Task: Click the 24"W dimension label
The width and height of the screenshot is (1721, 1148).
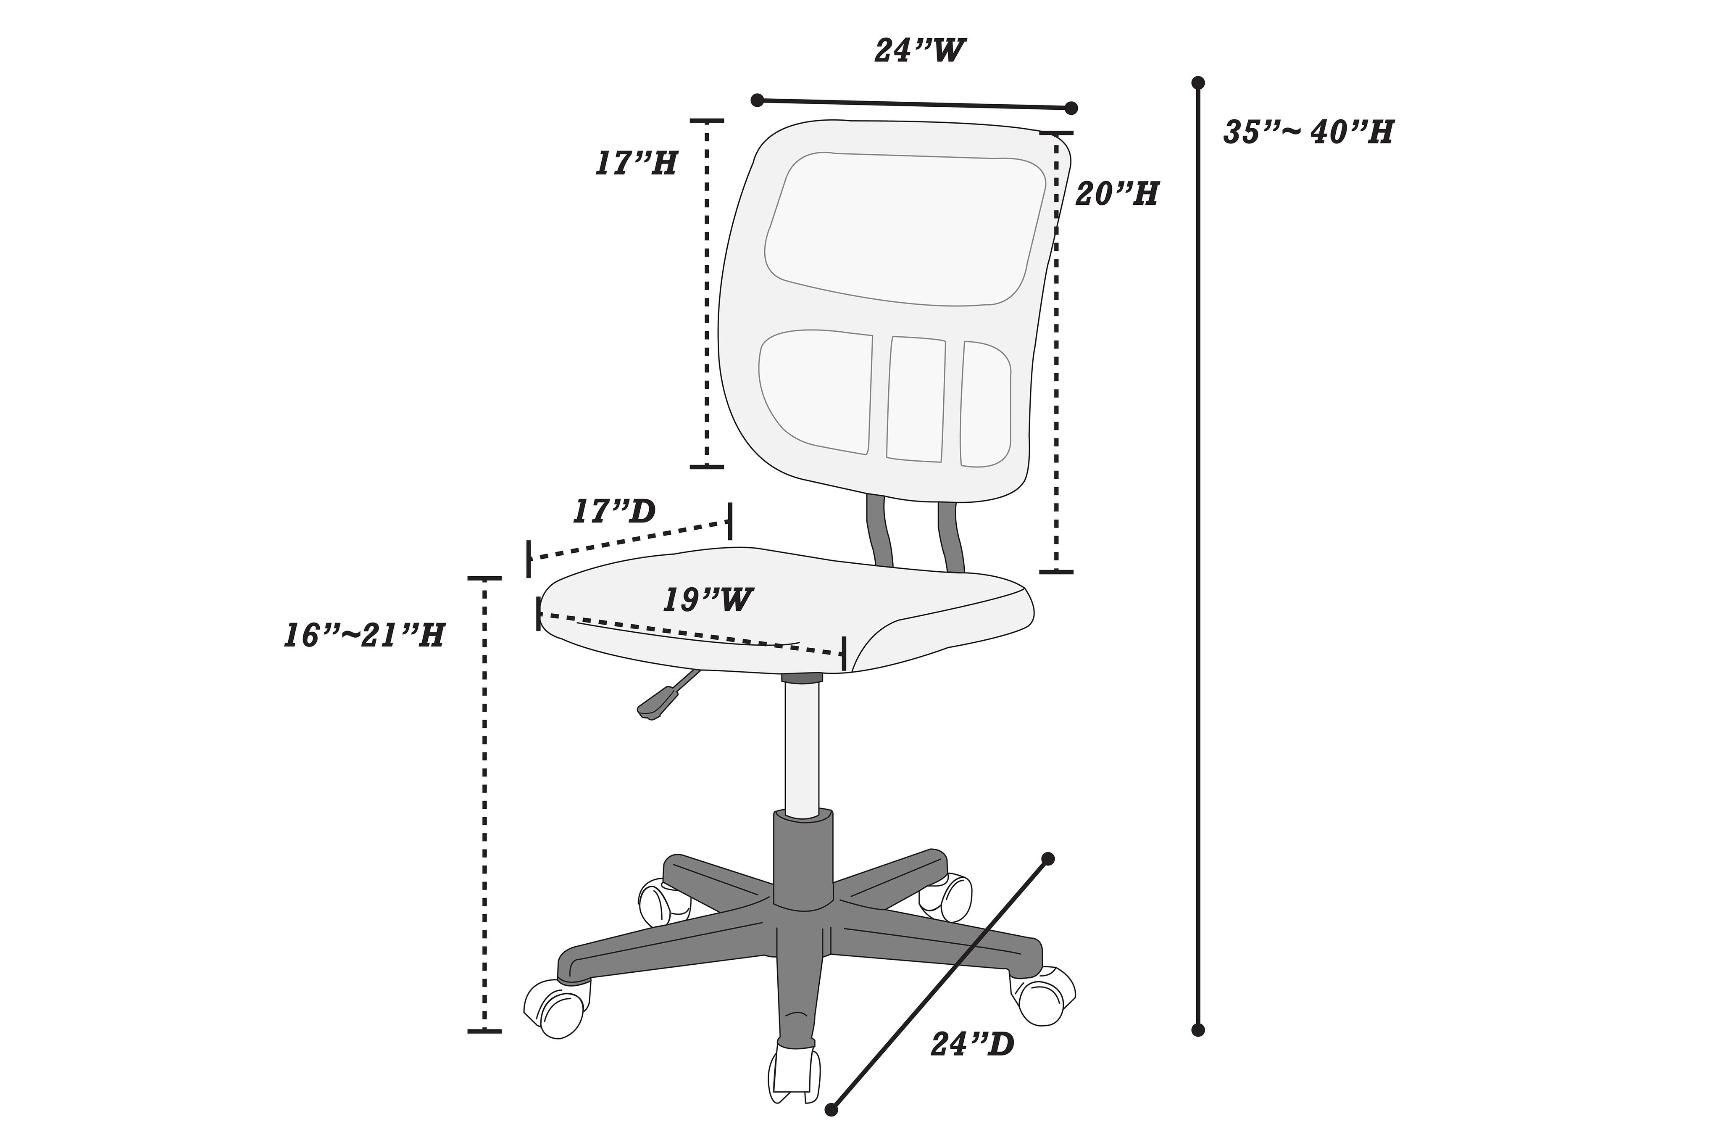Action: point(920,50)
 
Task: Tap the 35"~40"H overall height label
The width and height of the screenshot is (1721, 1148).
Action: point(1308,132)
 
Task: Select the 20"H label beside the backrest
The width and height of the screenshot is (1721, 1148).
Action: point(1117,194)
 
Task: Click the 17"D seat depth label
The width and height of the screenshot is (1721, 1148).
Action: point(614,512)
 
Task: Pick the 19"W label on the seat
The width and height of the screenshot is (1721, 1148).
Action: point(708,600)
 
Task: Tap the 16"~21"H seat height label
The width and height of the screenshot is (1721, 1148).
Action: point(364,636)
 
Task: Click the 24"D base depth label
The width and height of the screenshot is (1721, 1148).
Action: point(972,1045)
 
